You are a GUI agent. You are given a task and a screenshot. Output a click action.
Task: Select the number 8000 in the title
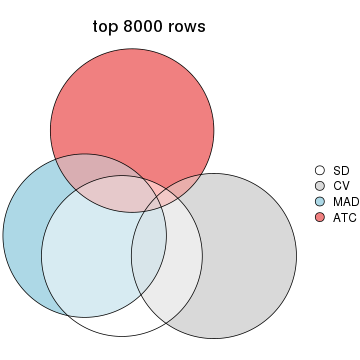(x=146, y=27)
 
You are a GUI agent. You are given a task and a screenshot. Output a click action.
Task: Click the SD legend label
(x=341, y=171)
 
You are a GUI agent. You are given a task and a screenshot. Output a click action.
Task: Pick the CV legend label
(x=341, y=186)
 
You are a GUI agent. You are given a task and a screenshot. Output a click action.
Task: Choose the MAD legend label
(x=345, y=201)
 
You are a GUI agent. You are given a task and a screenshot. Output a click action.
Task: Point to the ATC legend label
(x=344, y=216)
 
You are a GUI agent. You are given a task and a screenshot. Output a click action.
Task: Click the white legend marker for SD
(x=320, y=171)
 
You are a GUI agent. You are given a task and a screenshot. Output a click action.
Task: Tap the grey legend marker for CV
(x=320, y=186)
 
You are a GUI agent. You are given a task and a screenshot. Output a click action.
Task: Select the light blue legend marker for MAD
(x=320, y=201)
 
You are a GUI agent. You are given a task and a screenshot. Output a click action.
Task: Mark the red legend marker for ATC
(x=320, y=216)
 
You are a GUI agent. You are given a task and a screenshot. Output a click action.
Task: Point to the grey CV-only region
(x=250, y=260)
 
